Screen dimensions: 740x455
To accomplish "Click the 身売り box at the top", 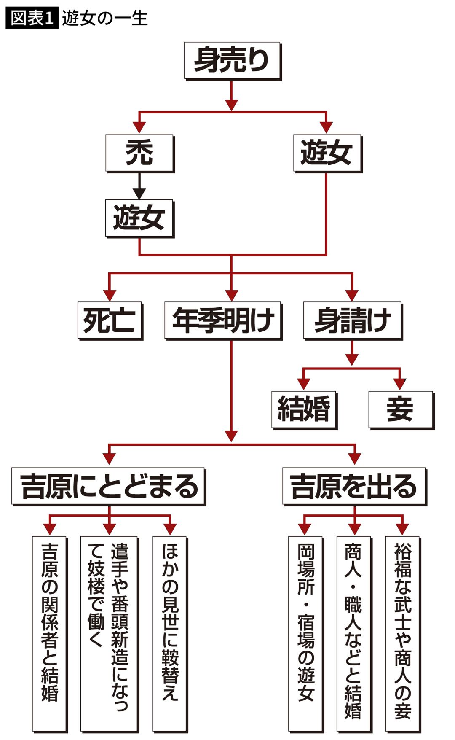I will coord(232,60).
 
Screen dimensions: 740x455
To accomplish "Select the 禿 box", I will coord(139,153).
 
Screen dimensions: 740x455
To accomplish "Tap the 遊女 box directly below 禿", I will coord(139,218).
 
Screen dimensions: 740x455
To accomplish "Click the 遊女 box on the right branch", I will coord(327,153).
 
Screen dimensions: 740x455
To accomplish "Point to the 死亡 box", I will coord(110,320).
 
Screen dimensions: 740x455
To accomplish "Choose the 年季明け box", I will coord(223,320).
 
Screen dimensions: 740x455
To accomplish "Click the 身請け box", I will coord(353,320).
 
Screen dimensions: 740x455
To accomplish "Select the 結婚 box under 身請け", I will coord(304,409).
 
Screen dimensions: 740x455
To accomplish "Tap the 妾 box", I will coord(400,409).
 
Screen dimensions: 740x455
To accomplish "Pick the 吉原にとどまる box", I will coord(108,486).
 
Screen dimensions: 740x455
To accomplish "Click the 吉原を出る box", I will coord(354,486).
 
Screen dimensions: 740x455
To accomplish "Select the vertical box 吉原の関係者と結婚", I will coord(49,632).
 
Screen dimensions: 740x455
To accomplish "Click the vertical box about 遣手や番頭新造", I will coord(109,632).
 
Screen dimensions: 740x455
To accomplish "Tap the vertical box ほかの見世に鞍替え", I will coord(170,632).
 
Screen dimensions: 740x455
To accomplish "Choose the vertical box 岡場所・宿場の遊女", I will coord(305,632).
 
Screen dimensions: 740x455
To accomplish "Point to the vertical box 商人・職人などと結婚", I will coord(353,632).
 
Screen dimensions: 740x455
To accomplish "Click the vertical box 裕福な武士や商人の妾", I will coord(402,632).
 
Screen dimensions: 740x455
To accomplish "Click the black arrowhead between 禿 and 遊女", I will coord(139,194).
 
